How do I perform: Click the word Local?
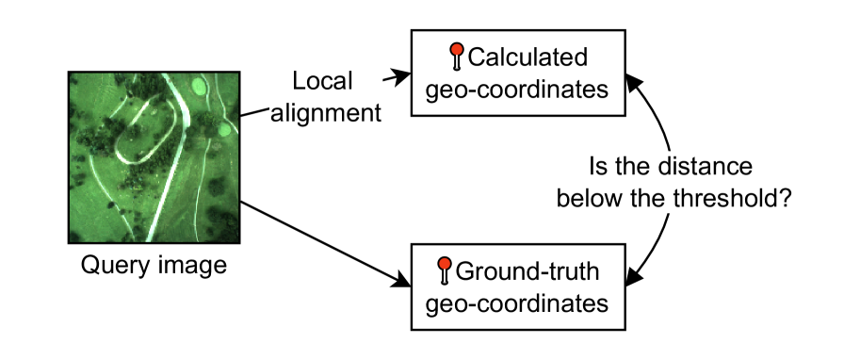tap(323, 81)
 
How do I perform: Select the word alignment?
tap(325, 114)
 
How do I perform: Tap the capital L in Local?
tap(300, 81)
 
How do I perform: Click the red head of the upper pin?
tap(457, 49)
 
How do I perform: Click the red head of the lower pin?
tap(445, 264)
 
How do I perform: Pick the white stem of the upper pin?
tap(457, 62)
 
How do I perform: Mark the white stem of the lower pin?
tap(445, 276)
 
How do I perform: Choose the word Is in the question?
tap(597, 167)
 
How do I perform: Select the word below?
tap(588, 199)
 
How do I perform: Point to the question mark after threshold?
tap(784, 199)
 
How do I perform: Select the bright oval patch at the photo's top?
tap(198, 86)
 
